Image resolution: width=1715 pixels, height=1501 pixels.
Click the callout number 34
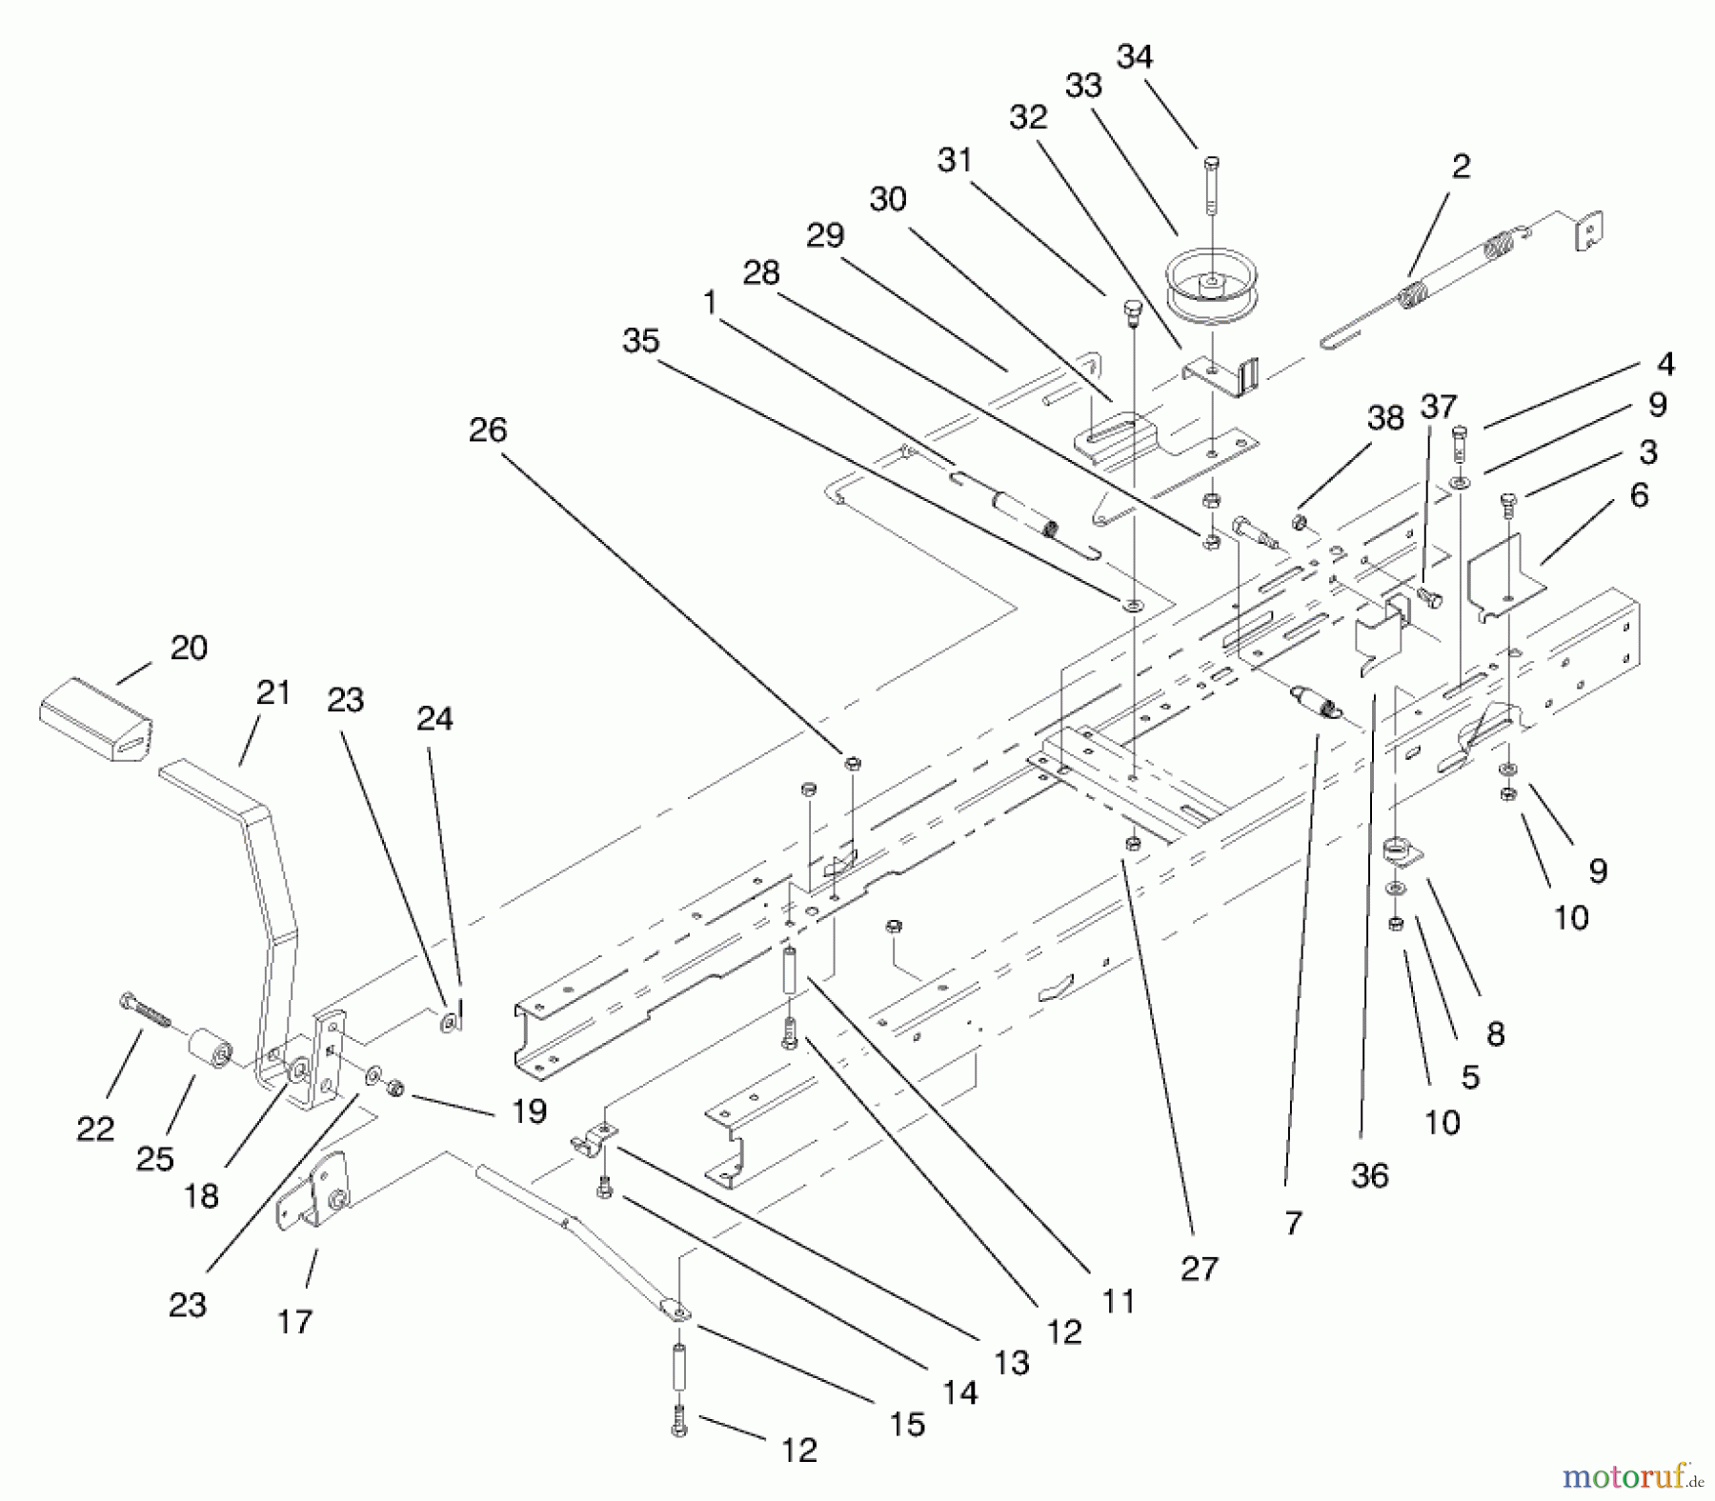(x=1134, y=58)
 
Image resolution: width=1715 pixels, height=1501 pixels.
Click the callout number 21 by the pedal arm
(x=273, y=692)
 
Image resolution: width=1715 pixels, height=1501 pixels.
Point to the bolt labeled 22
(x=146, y=1010)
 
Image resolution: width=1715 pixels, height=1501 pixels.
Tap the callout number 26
(x=488, y=430)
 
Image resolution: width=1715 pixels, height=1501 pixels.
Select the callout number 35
(x=640, y=341)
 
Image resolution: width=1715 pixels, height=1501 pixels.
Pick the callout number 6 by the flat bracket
(x=1639, y=495)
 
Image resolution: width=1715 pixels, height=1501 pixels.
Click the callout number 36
(x=1369, y=1176)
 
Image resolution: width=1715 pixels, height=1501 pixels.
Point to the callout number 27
(x=1199, y=1269)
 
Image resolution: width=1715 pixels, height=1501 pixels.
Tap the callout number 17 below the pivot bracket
(x=294, y=1321)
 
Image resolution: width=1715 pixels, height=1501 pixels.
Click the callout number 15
(x=907, y=1425)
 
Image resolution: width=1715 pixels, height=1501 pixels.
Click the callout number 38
(x=1385, y=418)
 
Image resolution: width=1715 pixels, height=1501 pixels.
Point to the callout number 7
(x=1292, y=1223)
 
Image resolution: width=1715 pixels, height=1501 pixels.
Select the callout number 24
(x=434, y=719)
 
